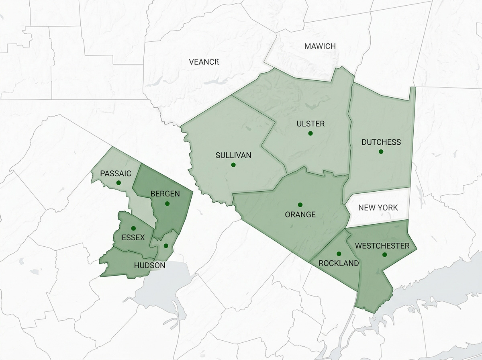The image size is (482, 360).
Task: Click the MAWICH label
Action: [320, 46]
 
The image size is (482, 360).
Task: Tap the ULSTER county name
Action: [310, 124]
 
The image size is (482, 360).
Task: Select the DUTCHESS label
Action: [381, 142]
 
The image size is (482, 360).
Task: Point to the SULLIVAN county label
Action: [233, 155]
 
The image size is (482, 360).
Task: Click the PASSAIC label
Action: [116, 174]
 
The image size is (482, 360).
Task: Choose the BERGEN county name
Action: [165, 194]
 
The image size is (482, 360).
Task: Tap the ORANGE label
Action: [300, 215]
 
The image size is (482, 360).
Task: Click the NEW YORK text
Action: [378, 208]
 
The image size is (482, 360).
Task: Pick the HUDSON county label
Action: [149, 266]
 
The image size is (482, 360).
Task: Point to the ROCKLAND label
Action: [339, 264]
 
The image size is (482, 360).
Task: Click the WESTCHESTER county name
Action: [382, 246]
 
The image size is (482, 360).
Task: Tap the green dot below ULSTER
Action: [310, 133]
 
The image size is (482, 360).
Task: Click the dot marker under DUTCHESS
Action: [381, 151]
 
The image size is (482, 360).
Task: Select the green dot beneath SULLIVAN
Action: [233, 165]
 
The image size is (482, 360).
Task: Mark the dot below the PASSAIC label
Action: [118, 183]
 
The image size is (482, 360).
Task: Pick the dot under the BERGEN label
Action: [167, 203]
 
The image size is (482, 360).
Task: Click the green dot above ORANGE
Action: [300, 205]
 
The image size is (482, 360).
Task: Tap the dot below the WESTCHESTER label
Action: [384, 255]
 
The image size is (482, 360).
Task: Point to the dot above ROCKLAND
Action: [339, 254]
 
